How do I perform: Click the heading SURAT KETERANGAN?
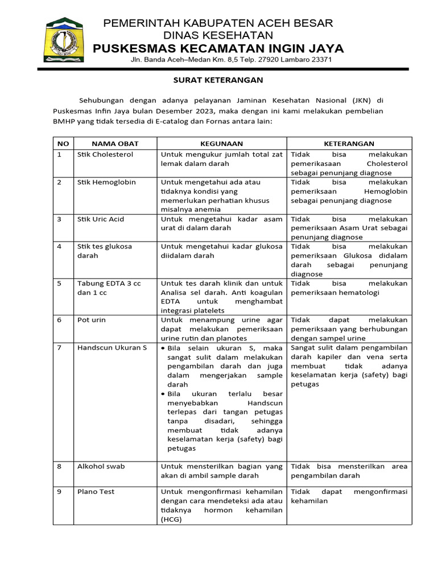(x=218, y=81)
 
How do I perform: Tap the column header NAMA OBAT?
(x=115, y=144)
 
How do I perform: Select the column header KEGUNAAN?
(x=221, y=144)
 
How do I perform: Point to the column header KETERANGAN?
(x=349, y=144)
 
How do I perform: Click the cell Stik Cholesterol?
(x=105, y=155)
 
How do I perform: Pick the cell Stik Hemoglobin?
(x=106, y=182)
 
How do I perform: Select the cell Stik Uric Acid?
(x=101, y=219)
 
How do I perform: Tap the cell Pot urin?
(x=92, y=320)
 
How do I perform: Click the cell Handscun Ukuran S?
(x=112, y=348)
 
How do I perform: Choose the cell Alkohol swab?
(x=101, y=467)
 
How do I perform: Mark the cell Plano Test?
(x=95, y=492)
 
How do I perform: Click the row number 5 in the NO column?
(x=59, y=283)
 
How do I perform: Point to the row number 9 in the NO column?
(x=59, y=492)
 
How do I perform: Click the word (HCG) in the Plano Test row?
(x=171, y=519)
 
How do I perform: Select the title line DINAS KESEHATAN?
(x=218, y=35)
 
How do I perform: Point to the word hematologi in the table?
(x=361, y=292)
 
